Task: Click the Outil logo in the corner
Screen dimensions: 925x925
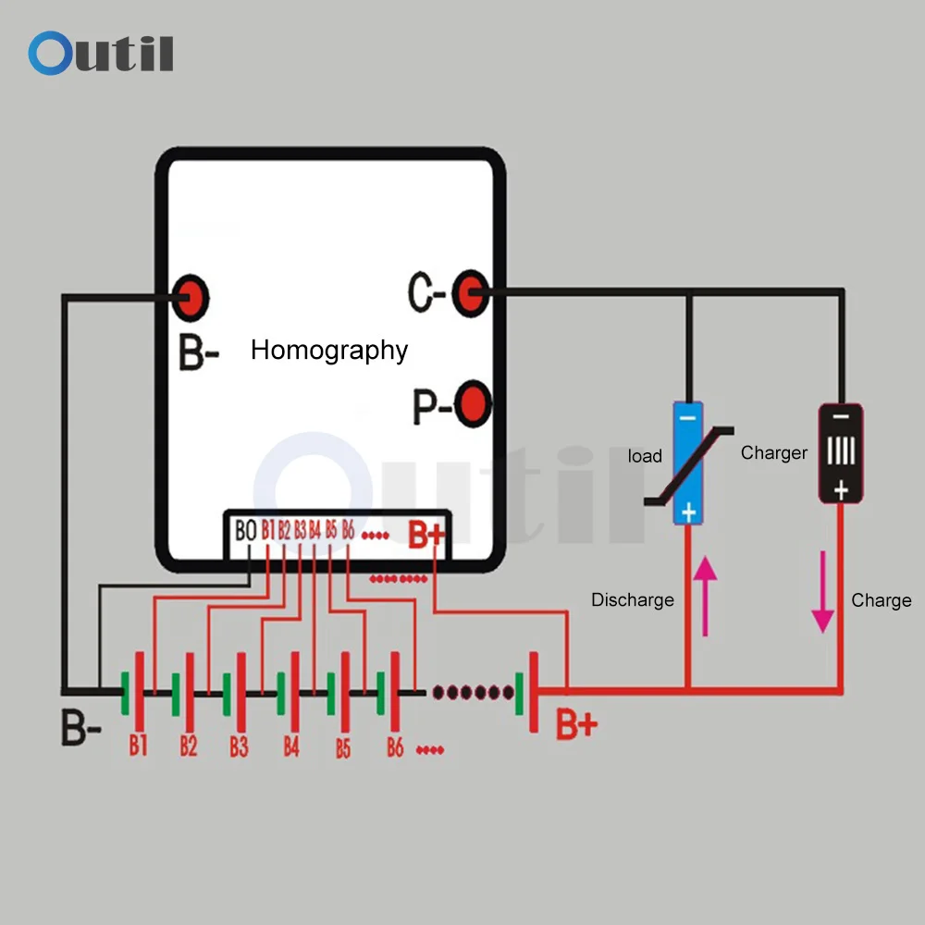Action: click(101, 53)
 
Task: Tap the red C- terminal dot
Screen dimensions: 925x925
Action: click(471, 293)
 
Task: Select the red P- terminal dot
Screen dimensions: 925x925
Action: click(473, 404)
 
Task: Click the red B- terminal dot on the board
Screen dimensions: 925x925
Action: click(190, 298)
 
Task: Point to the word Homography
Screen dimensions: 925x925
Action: click(329, 351)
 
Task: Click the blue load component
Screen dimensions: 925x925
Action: click(688, 463)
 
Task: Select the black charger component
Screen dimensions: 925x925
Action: click(841, 453)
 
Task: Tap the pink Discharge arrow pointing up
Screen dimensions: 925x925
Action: click(705, 596)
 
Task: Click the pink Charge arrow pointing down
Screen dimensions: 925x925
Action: click(822, 592)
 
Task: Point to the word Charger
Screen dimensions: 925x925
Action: click(774, 452)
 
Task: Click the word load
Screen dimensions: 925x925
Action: click(645, 456)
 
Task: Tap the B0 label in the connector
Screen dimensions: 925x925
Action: click(245, 530)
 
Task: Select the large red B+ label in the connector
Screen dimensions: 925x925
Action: click(425, 535)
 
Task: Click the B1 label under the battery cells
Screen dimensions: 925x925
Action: click(138, 746)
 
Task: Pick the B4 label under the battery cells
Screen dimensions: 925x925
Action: click(291, 746)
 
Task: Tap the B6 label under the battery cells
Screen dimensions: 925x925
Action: click(395, 747)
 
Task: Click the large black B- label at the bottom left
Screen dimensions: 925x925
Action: click(81, 727)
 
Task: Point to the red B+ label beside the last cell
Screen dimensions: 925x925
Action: click(576, 724)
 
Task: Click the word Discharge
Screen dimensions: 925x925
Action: click(633, 600)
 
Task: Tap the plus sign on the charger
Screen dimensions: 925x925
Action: click(841, 489)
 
